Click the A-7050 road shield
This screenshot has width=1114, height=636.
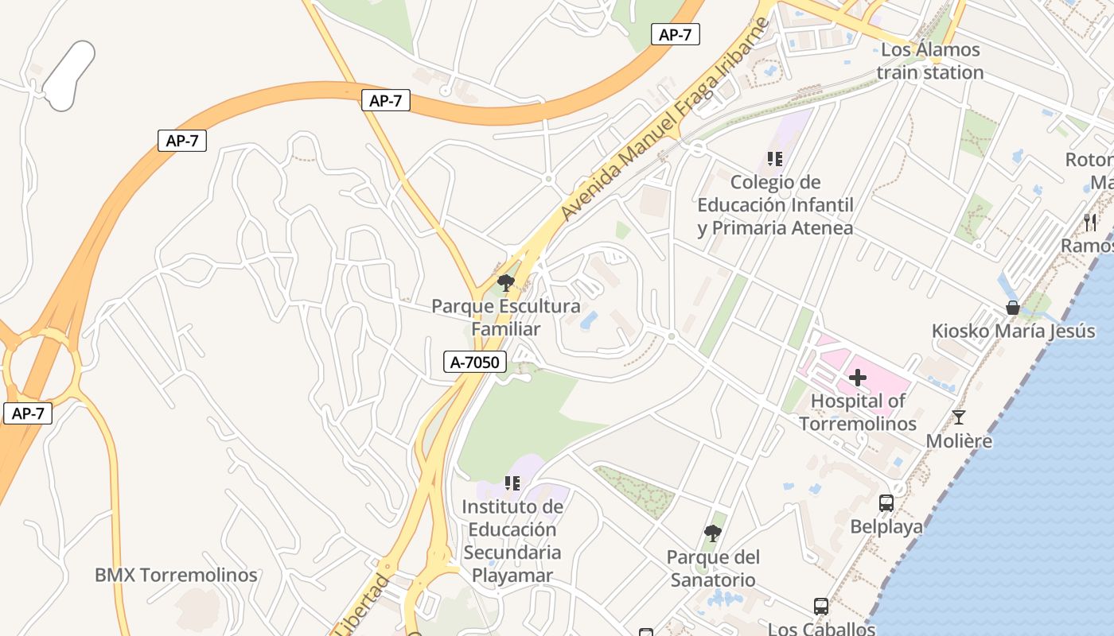(474, 363)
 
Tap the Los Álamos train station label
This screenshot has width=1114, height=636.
(930, 61)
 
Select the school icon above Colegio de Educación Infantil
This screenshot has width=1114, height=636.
(775, 159)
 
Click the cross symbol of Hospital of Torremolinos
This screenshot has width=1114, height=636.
(857, 378)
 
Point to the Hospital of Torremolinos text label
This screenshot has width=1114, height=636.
(858, 412)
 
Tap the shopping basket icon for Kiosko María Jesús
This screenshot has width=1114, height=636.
(1012, 308)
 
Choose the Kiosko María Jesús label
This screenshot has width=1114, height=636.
(1013, 331)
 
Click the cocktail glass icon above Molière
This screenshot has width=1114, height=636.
(959, 417)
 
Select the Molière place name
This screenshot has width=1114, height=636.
(959, 440)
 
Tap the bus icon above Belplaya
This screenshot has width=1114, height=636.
(886, 503)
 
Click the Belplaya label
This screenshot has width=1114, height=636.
(886, 526)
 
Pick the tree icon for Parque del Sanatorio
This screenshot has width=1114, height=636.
(713, 533)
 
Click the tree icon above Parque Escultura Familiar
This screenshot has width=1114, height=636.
(505, 283)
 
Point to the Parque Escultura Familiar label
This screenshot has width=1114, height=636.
(505, 317)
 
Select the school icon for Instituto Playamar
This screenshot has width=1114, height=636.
(512, 483)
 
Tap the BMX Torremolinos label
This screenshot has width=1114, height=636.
(176, 575)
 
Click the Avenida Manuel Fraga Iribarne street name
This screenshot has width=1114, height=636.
(664, 119)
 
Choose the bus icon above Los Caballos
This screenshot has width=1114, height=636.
(821, 607)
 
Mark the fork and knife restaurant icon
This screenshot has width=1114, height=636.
(1090, 223)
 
